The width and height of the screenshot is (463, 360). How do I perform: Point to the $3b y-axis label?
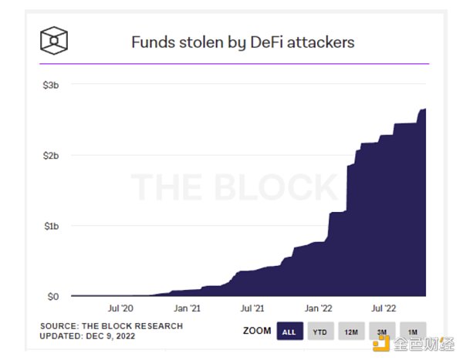point(51,85)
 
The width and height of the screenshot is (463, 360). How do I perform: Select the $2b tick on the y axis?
point(51,156)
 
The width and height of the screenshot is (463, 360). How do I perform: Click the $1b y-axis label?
point(51,226)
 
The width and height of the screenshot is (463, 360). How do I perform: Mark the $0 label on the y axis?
point(52,297)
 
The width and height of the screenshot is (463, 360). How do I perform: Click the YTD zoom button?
point(319,331)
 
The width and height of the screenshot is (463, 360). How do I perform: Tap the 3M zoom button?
point(380,331)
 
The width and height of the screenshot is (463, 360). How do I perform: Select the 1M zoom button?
point(411,331)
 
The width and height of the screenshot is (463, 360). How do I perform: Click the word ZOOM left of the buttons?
point(257,331)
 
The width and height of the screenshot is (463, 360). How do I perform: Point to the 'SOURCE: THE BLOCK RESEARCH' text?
point(111,326)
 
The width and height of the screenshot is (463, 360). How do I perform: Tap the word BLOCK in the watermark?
point(279,187)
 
